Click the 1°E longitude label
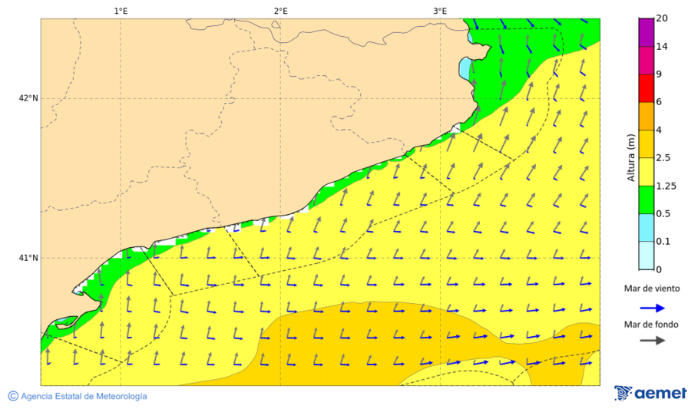(121, 11)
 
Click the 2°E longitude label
(280, 11)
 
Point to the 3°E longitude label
(440, 11)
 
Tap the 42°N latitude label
(28, 98)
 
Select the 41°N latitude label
(28, 258)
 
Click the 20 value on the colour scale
(661, 19)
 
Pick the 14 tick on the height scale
(661, 47)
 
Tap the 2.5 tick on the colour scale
(663, 158)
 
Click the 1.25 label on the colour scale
(666, 186)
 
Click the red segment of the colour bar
(646, 88)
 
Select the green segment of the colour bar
(646, 200)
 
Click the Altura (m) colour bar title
(631, 158)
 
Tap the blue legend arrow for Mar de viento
(653, 308)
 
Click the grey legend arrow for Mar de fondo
(653, 341)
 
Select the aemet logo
(650, 393)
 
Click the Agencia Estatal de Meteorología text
(84, 396)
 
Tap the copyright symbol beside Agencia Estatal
(13, 396)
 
